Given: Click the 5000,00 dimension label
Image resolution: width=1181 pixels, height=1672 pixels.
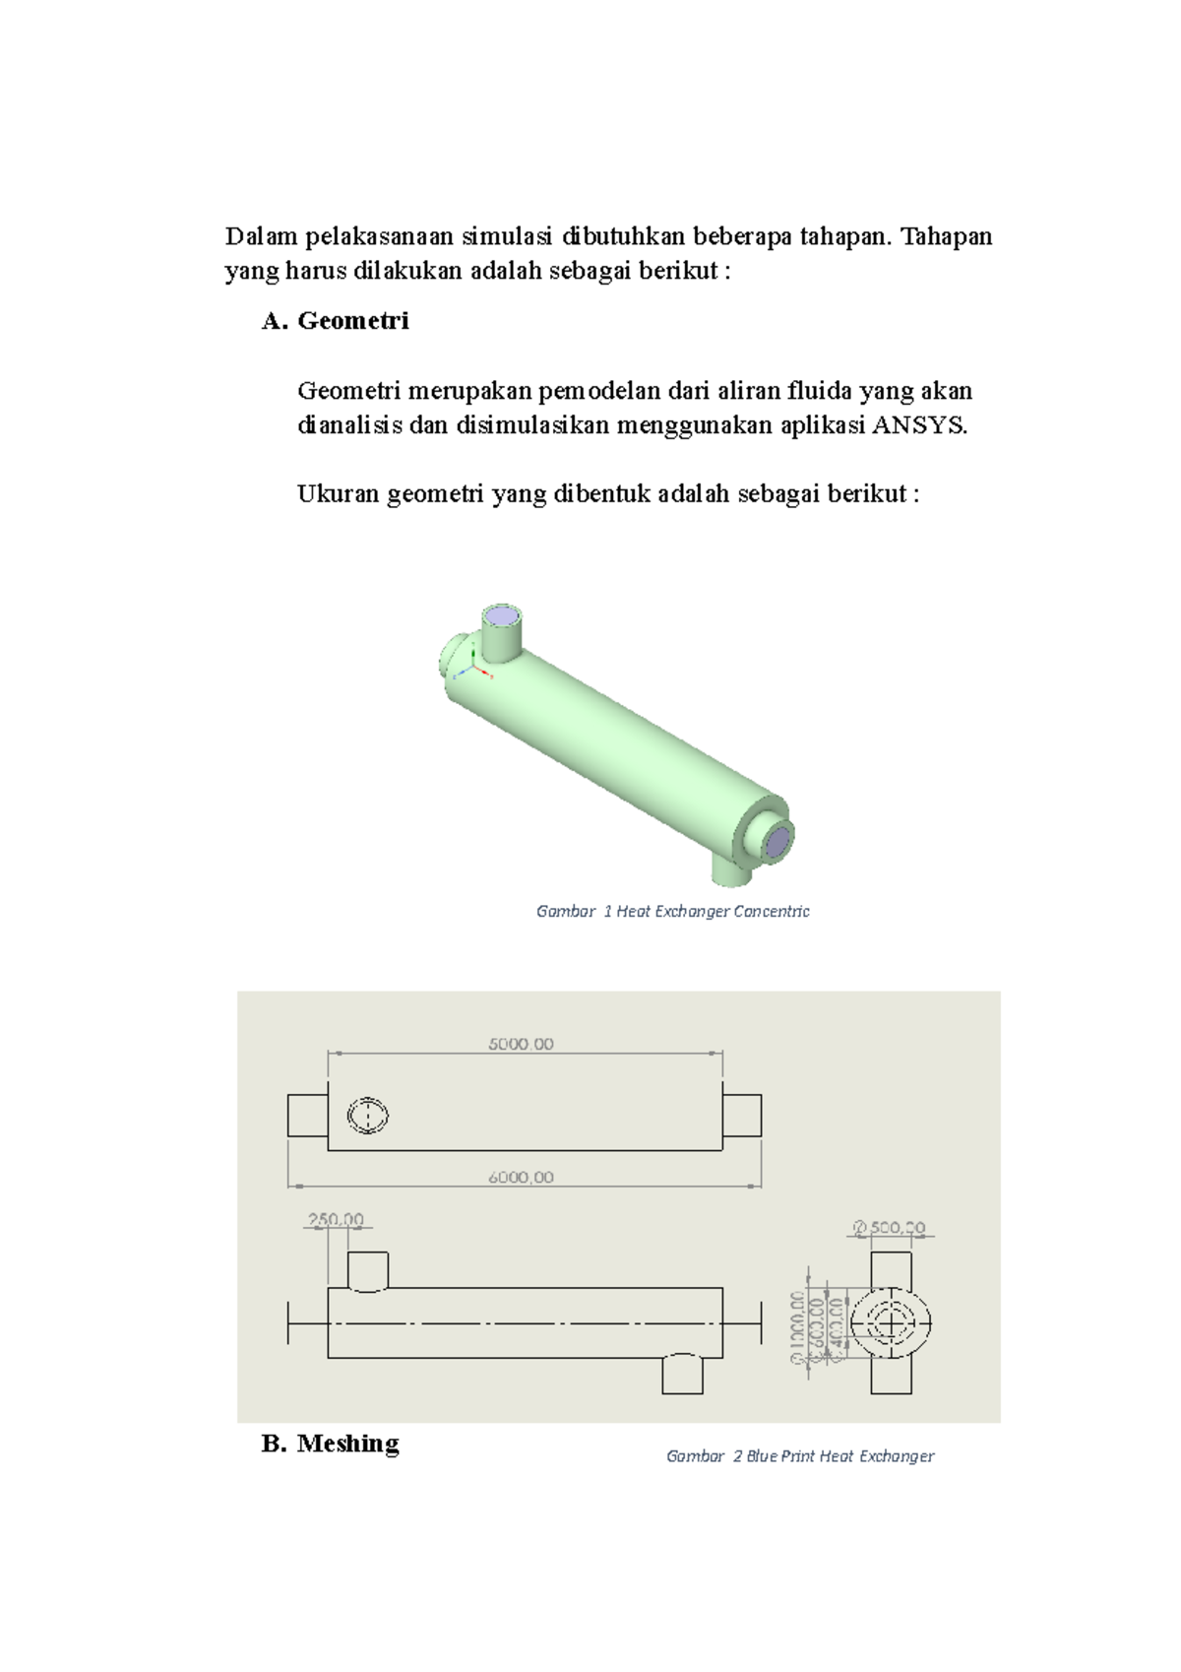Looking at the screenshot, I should point(521,1044).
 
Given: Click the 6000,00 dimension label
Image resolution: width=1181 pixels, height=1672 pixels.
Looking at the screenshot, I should point(521,1177).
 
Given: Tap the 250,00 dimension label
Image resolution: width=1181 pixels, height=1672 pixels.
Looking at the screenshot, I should point(337,1219).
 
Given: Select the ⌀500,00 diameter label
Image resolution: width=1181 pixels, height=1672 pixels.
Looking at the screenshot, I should point(890,1228).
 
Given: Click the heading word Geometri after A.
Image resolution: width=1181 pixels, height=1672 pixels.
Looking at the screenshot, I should point(353,321).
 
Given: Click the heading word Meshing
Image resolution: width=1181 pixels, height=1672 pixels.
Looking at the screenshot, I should point(348,1444).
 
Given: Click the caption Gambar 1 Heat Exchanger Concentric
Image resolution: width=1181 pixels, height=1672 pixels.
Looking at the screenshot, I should point(672,912).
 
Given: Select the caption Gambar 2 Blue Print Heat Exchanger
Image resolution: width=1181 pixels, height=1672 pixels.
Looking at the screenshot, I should point(800,1456).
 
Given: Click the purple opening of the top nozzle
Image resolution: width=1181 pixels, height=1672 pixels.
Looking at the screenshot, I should point(502,618).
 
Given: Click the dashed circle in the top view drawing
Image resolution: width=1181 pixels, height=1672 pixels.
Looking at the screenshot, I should point(368,1116).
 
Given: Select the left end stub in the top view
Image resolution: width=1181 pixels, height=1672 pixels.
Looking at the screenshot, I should point(307,1116).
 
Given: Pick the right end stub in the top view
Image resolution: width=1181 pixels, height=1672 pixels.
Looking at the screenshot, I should point(742,1116).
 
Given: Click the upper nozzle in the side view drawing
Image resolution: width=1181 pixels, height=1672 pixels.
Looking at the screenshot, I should point(368,1270).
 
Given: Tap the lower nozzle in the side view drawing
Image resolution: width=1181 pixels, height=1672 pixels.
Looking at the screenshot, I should point(682,1375).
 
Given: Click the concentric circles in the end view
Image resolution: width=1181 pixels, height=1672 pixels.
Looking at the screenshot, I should point(891,1322).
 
